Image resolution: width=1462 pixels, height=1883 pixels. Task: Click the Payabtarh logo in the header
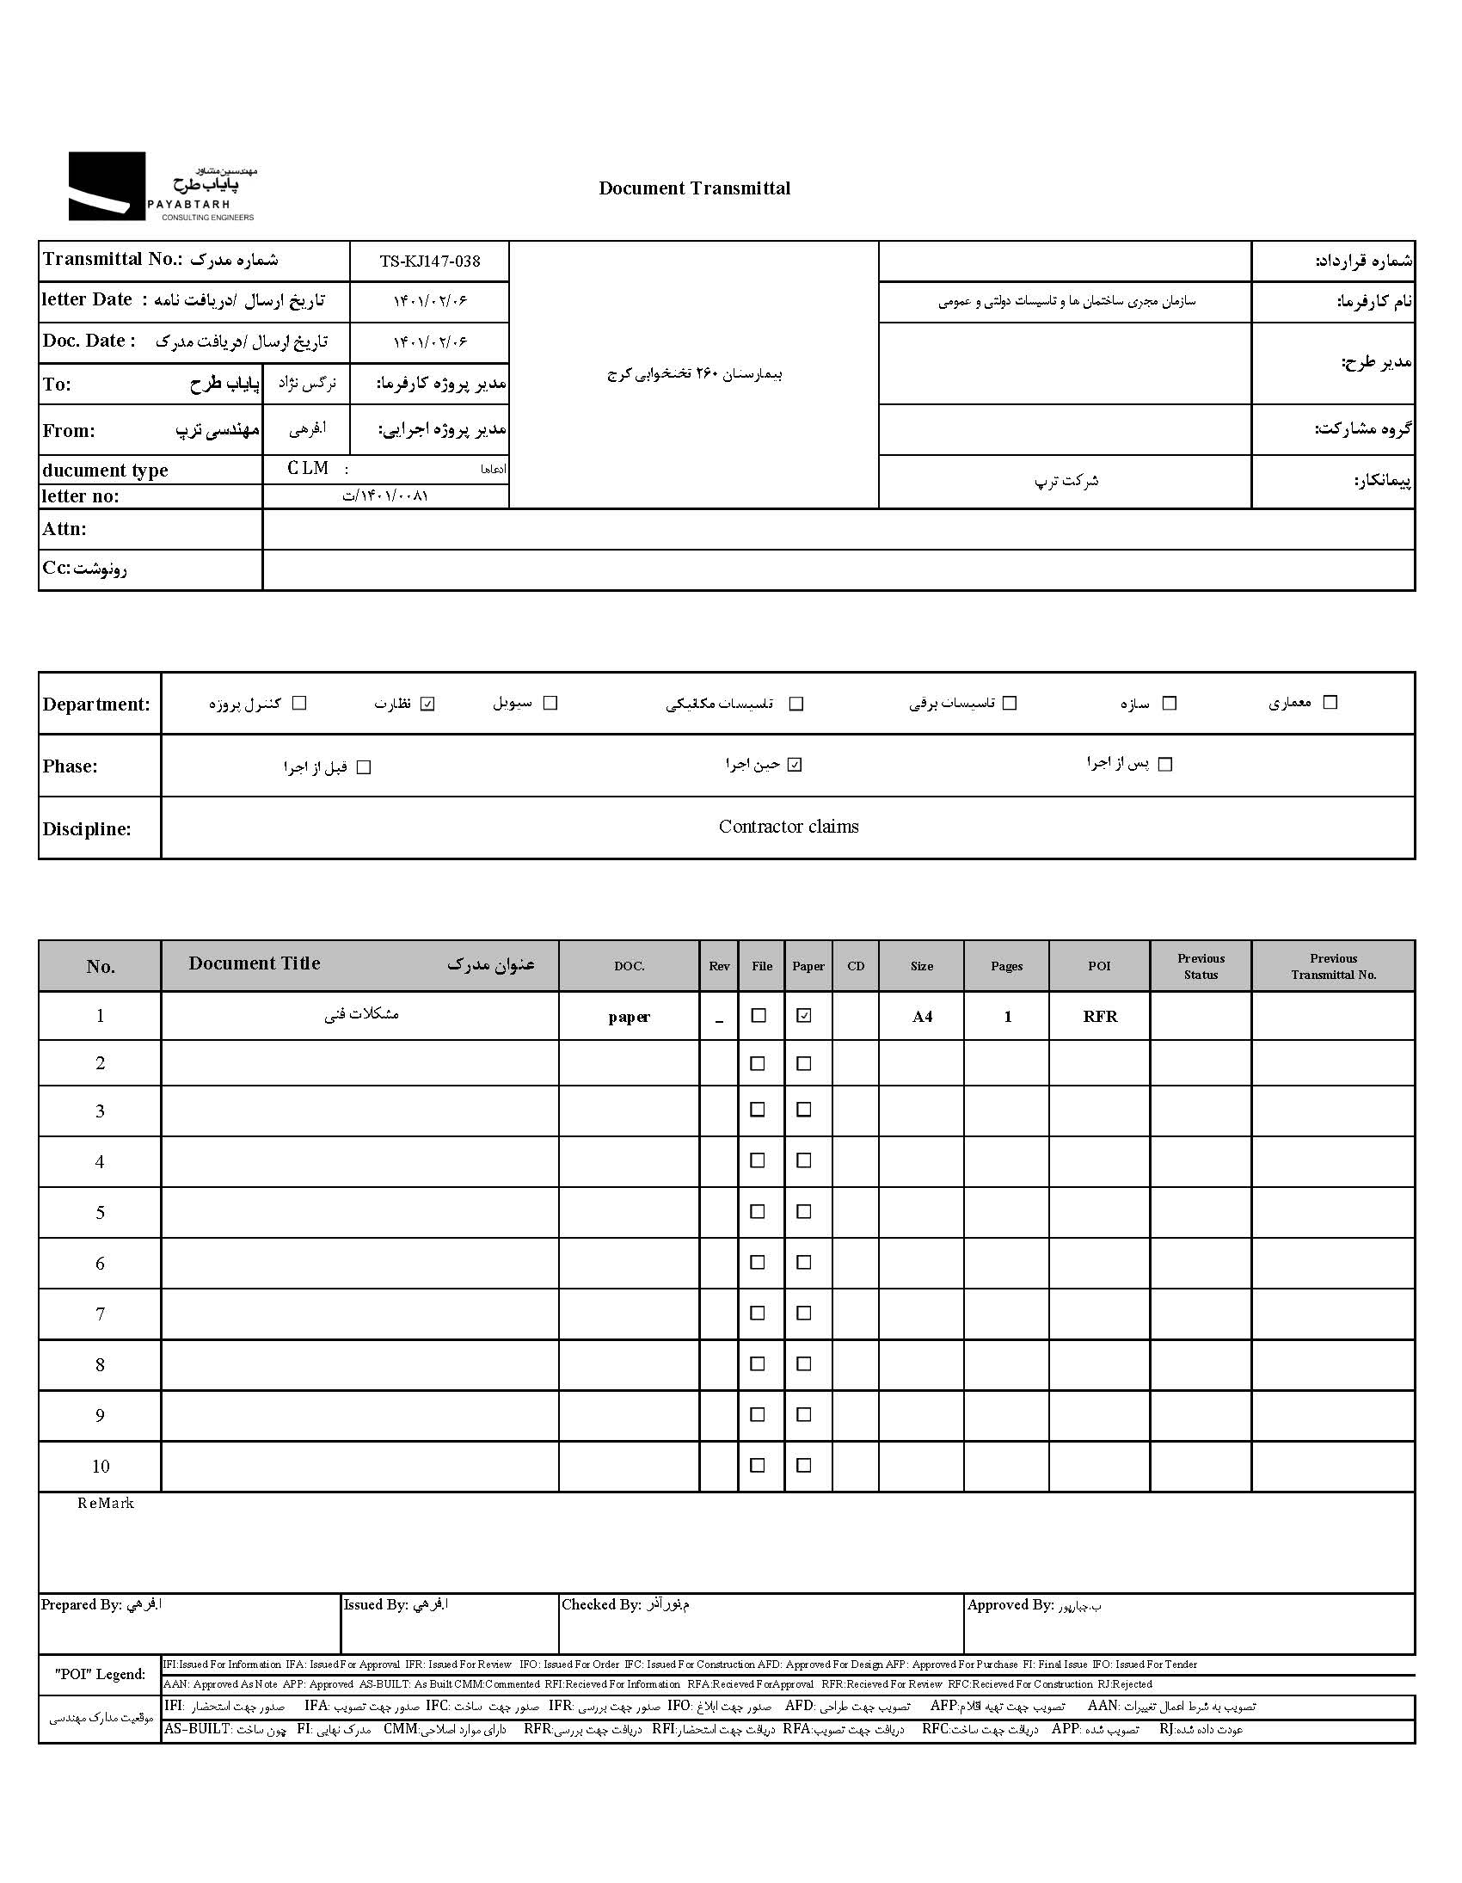point(162,187)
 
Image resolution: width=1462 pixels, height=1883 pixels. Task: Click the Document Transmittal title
point(694,188)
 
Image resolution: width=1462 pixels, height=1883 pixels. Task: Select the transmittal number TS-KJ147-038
point(429,261)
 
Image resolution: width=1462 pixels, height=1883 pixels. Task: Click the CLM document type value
point(308,468)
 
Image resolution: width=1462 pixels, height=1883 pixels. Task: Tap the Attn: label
point(64,528)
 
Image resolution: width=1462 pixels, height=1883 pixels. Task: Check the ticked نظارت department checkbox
point(427,704)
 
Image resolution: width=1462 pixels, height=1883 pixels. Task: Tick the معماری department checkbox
point(1330,703)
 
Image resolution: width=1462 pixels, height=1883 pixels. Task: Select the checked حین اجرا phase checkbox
point(795,765)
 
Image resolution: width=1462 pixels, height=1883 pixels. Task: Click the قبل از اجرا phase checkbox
point(364,767)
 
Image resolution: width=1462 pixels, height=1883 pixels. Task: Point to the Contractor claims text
point(788,827)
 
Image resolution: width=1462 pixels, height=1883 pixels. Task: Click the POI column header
point(1098,966)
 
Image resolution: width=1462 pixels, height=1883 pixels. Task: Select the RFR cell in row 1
point(1100,1017)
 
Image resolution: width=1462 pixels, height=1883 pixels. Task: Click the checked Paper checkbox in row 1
point(804,1016)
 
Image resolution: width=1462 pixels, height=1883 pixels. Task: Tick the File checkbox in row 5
point(758,1211)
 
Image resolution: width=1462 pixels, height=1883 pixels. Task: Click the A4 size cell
point(922,1017)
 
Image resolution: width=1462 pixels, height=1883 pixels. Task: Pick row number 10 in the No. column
point(100,1466)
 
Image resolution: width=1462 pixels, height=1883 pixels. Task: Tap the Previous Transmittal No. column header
point(1333,966)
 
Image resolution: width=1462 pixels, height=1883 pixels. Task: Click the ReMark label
point(106,1503)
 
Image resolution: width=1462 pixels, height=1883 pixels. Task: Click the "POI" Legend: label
point(100,1673)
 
